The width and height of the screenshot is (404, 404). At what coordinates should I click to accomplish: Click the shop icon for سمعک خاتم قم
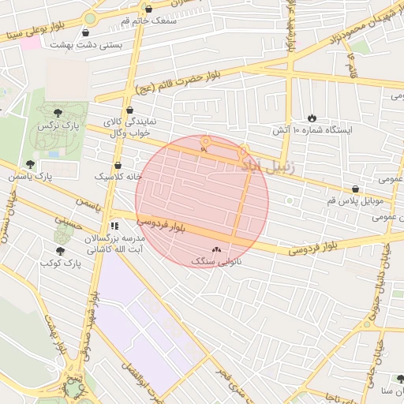[148, 9]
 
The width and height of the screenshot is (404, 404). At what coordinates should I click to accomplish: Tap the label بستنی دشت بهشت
[87, 45]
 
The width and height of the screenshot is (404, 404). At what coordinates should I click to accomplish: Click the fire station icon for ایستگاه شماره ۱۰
[312, 116]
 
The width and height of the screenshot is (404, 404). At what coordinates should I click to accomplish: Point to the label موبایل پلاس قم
[326, 202]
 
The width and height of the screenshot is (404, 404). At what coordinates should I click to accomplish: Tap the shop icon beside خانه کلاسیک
[118, 166]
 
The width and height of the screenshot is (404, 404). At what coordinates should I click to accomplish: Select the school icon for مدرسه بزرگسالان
[114, 226]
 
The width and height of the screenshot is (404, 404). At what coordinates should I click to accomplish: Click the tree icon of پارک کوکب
[60, 251]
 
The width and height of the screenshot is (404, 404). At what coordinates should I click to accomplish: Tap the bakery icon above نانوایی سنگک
[217, 249]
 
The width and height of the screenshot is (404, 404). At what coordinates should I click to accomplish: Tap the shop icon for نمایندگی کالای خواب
[129, 110]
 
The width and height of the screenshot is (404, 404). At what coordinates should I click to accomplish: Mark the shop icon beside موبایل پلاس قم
[356, 189]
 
